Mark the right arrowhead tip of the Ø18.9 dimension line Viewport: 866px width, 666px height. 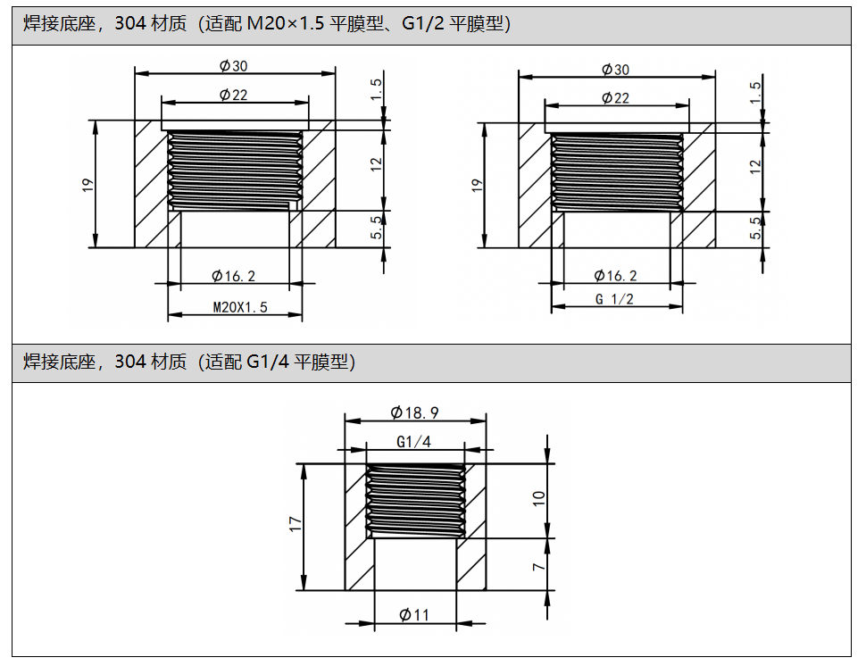[x=487, y=420]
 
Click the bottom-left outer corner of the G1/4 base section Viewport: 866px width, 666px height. [x=346, y=590]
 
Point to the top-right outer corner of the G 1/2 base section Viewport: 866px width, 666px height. [x=715, y=123]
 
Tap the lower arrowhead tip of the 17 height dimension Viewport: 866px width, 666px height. [x=304, y=590]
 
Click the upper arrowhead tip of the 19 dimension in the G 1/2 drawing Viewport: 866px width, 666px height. [x=485, y=123]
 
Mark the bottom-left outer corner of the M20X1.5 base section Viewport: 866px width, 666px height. [x=135, y=247]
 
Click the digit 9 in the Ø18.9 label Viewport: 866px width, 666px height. [x=434, y=413]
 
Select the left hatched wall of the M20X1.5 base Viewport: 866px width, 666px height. [x=152, y=184]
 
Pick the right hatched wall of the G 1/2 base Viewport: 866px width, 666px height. [x=699, y=186]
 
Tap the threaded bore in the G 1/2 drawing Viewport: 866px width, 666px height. [x=617, y=172]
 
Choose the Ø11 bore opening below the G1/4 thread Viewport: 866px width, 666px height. [x=415, y=564]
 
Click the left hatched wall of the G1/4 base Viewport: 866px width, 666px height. [x=356, y=528]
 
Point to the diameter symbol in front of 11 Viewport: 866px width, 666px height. [x=405, y=614]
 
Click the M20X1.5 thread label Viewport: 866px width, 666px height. [x=240, y=307]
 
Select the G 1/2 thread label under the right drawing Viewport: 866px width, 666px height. [x=614, y=299]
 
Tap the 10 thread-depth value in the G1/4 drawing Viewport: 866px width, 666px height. [x=538, y=499]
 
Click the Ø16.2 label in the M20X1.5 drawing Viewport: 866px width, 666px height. [x=234, y=276]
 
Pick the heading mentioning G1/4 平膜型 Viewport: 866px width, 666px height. [x=189, y=362]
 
